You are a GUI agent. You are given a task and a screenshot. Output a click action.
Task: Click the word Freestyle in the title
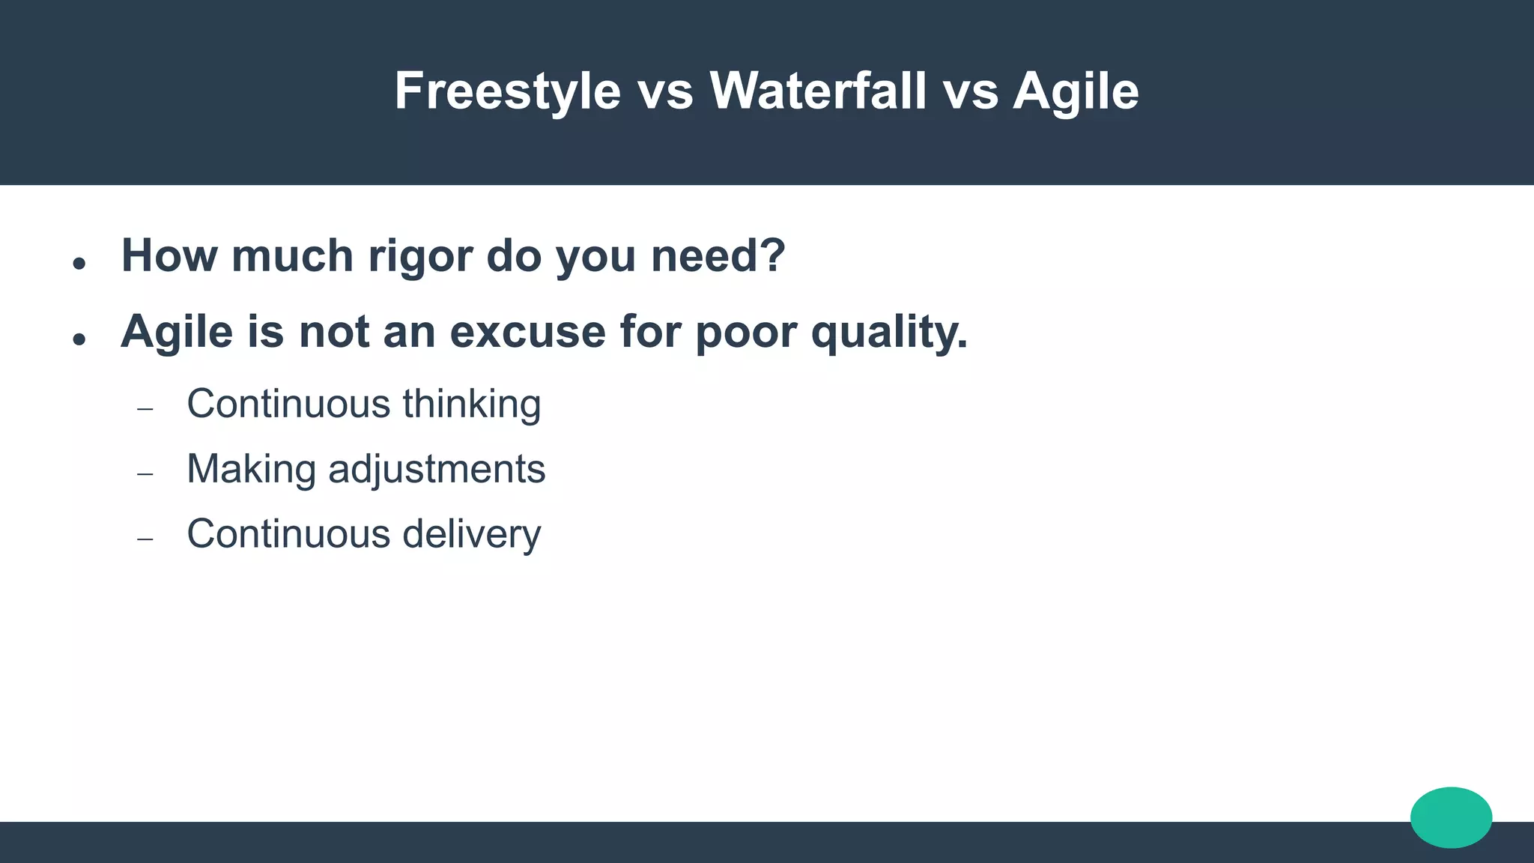tap(507, 91)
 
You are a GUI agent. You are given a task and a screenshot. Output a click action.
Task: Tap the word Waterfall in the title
tap(818, 91)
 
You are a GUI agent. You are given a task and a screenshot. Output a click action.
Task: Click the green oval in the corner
tap(1451, 817)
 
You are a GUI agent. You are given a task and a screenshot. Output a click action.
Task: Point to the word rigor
tap(420, 257)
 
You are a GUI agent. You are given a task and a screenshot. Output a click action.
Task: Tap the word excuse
tap(527, 331)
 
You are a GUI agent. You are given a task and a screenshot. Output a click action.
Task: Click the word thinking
tap(471, 405)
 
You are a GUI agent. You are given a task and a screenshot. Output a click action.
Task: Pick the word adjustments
tap(437, 470)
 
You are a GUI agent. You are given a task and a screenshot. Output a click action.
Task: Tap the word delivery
tap(471, 534)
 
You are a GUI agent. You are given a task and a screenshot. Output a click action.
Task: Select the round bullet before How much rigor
tap(79, 263)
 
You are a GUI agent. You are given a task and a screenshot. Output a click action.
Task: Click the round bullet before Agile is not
tap(79, 339)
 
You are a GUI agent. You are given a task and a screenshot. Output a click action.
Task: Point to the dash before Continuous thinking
tap(145, 409)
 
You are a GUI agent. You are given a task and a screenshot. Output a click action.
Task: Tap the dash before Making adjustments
tap(145, 474)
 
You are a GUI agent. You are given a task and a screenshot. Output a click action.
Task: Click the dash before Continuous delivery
tap(145, 539)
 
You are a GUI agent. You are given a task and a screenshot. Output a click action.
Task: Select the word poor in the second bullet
tap(745, 333)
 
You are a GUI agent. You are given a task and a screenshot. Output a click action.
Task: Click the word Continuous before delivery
tap(288, 534)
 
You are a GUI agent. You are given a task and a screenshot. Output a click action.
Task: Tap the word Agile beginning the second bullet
tap(177, 332)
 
